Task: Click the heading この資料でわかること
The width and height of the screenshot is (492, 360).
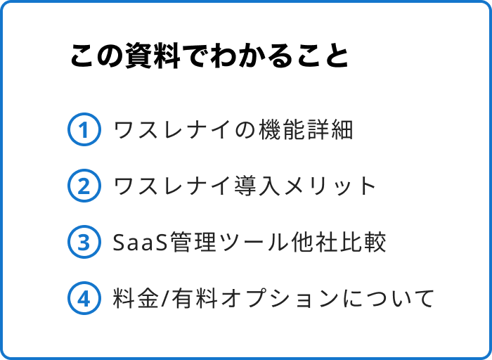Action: (x=209, y=57)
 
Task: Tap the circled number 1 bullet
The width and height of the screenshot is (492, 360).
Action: (x=83, y=130)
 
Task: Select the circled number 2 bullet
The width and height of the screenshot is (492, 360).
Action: (x=83, y=186)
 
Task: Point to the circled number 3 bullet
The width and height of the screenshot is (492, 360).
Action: (x=83, y=243)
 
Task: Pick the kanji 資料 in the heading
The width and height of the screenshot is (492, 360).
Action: (x=150, y=57)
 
